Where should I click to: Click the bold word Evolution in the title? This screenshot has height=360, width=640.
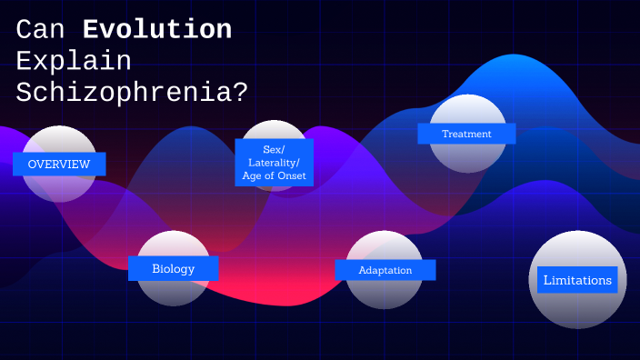(157, 30)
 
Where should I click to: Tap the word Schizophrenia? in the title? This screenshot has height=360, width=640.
(132, 92)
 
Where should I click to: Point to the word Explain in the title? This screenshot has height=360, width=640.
(74, 61)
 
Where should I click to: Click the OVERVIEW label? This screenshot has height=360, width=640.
(59, 165)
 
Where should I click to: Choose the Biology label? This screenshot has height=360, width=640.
(173, 269)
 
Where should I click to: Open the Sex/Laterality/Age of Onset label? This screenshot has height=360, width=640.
(274, 163)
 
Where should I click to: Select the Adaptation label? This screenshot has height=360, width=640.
(385, 270)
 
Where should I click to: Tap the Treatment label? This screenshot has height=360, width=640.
(466, 134)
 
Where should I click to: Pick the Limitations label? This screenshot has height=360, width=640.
(577, 280)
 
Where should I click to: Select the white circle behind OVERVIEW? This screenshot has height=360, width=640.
(59, 187)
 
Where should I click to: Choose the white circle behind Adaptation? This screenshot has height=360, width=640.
(385, 294)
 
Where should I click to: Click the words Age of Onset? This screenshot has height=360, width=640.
(274, 175)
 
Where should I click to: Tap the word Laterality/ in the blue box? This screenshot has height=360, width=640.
(274, 163)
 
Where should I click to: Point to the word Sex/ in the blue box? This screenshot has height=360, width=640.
(274, 149)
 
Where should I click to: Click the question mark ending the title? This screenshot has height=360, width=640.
(239, 92)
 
